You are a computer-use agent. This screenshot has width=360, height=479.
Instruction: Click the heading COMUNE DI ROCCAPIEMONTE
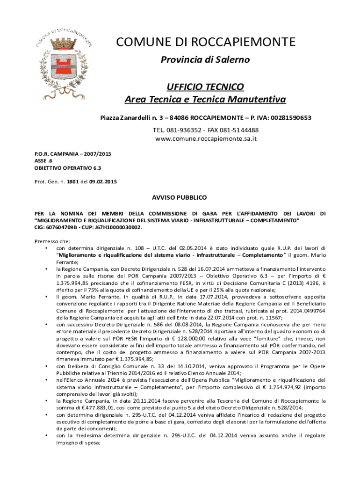point(206,42)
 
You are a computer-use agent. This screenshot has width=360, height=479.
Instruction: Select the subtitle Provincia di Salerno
point(206,60)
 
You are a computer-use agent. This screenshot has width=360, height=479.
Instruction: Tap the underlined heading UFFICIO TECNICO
point(206,87)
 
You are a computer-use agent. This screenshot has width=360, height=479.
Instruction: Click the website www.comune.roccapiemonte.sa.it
point(206,139)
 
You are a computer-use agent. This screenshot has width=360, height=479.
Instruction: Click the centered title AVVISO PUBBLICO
point(180,198)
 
